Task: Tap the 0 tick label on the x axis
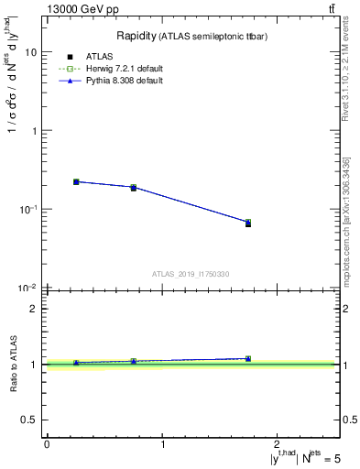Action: point(47,444)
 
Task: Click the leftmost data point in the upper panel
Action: point(76,181)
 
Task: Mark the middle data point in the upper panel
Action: point(134,187)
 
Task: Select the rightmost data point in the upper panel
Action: point(248,223)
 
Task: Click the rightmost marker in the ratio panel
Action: point(248,358)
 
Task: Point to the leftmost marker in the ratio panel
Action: point(76,363)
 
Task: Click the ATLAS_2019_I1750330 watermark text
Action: point(191,274)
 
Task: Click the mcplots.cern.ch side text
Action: point(347,234)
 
